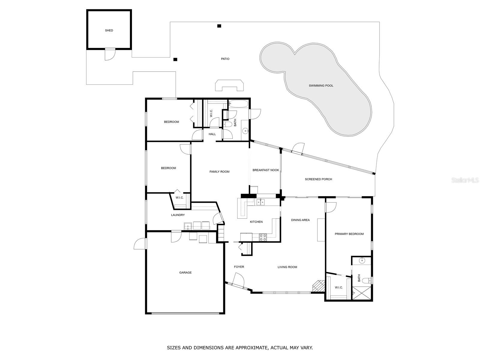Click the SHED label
[109, 30]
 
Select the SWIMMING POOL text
[321, 85]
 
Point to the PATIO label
[225, 59]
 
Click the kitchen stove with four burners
[263, 237]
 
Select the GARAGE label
[185, 272]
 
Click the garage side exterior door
[140, 244]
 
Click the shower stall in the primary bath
[361, 293]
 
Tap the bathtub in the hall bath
[238, 104]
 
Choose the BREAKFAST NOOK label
[265, 170]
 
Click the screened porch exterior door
[299, 148]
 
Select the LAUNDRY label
[178, 215]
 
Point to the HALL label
[212, 134]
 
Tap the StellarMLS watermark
[465, 180]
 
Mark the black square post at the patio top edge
[219, 26]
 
